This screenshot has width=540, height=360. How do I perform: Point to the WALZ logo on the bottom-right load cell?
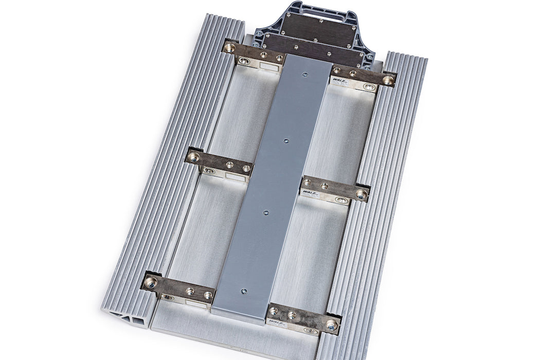[x=276, y=323]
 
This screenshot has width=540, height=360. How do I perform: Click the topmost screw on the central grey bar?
[x=305, y=75]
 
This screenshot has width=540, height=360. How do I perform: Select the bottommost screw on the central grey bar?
[x=243, y=292]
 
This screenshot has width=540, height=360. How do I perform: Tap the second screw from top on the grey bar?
[x=287, y=140]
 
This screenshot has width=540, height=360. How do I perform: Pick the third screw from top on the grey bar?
[x=266, y=212]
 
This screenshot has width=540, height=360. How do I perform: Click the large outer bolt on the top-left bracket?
[x=229, y=48]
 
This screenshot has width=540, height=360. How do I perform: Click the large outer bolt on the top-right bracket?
[x=388, y=80]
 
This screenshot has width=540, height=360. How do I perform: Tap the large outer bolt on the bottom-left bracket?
[x=150, y=282]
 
